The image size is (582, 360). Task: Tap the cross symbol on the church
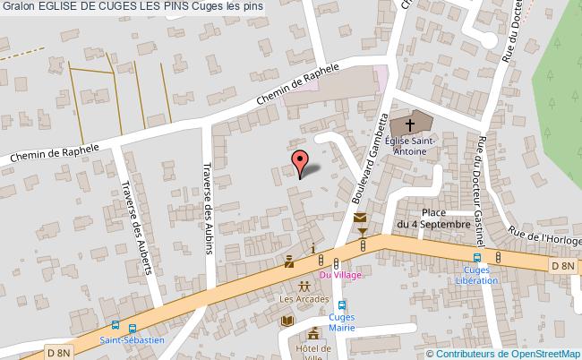(411, 124)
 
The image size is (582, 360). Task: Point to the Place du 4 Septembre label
(433, 219)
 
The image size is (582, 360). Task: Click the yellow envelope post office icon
(360, 219)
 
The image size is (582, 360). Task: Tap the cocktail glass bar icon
(363, 233)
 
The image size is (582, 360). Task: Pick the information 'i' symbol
(312, 248)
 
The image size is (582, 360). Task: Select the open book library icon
(287, 321)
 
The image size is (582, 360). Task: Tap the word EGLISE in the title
(60, 7)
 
